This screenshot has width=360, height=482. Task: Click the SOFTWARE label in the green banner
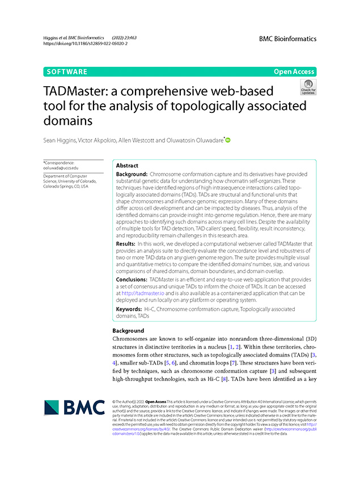pyautogui.click(x=67, y=72)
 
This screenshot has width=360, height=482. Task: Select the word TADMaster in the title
pyautogui.click(x=82, y=91)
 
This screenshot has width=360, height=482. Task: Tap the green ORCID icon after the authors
pyautogui.click(x=228, y=139)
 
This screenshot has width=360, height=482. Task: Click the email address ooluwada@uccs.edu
pyautogui.click(x=61, y=168)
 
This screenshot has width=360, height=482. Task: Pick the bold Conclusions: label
pyautogui.click(x=135, y=280)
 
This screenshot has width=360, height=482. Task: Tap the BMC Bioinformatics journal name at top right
pyautogui.click(x=287, y=39)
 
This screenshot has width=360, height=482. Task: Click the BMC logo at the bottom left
pyautogui.click(x=74, y=408)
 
